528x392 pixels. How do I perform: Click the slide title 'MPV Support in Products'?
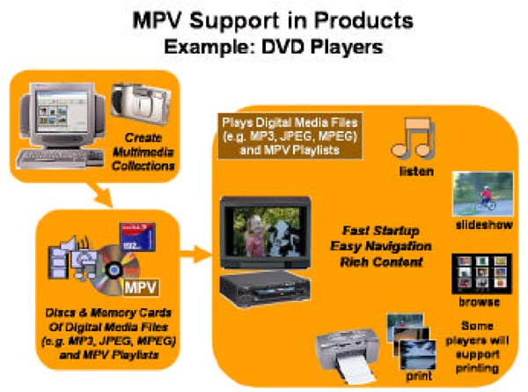(x=264, y=18)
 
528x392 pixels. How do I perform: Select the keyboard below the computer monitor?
(x=66, y=161)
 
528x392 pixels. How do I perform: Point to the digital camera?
(x=136, y=104)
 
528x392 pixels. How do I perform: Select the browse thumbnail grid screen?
(x=475, y=275)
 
